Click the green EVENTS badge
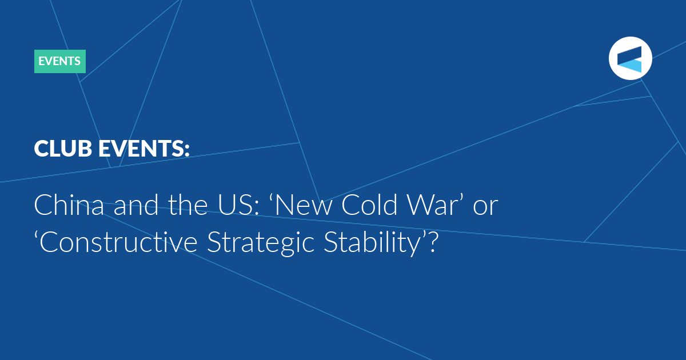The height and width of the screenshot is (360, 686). click(60, 61)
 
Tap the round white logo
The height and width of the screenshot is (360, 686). click(630, 58)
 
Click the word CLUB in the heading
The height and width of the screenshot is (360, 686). click(63, 149)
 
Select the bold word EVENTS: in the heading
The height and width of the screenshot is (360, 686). click(144, 149)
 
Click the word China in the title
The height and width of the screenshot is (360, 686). click(69, 205)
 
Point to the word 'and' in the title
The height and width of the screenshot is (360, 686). click(136, 205)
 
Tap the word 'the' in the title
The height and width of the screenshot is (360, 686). click(188, 205)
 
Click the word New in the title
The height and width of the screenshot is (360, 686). click(301, 205)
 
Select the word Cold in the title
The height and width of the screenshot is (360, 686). click(370, 205)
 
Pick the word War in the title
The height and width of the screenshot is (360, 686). click(435, 205)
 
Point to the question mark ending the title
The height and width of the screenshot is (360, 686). click(433, 242)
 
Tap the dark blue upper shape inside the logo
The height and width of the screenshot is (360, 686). click(629, 55)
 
